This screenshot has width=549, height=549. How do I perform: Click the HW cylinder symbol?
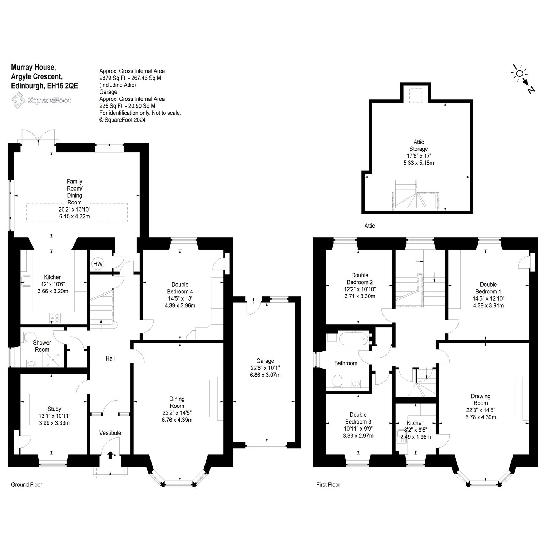[98, 264]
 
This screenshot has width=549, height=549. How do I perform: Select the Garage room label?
[265, 361]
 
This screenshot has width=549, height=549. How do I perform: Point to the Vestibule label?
[110, 433]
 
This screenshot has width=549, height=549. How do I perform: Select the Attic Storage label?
[419, 145]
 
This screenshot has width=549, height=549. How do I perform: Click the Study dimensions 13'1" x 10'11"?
[54, 416]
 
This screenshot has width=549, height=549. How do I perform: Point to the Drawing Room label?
[481, 400]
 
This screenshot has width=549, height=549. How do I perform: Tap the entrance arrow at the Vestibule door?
[110, 455]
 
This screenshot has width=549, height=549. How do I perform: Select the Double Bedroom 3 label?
[358, 418]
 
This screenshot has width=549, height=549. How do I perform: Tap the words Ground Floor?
[27, 485]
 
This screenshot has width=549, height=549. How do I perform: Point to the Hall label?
[110, 358]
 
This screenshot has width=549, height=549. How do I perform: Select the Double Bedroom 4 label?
[180, 288]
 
